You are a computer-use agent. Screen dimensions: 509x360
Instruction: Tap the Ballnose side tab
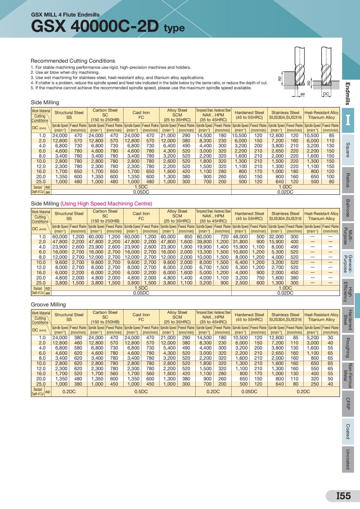pos(348,208)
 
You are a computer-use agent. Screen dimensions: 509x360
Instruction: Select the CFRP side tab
pos(348,404)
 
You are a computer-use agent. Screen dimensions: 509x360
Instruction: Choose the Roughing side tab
pos(348,348)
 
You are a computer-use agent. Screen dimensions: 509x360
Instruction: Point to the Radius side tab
pos(348,180)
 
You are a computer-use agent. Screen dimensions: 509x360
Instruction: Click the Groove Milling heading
pos(48,305)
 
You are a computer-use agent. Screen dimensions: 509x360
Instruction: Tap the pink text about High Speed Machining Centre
pos(106,204)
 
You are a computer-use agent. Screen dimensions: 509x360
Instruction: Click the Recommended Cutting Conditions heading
pos(73,61)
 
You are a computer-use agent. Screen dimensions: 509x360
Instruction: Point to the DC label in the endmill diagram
pos(326,94)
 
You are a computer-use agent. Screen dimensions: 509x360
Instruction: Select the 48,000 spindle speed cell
pos(240,237)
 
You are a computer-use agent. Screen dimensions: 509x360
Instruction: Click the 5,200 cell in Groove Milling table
pos(313,338)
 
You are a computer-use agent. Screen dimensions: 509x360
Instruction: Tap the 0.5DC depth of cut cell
pos(141,391)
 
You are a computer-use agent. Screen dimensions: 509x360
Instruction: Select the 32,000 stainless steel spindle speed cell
pos(276,237)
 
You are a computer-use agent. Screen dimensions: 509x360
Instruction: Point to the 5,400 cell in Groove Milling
pos(169,348)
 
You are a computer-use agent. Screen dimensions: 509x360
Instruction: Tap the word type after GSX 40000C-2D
pos(174,28)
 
